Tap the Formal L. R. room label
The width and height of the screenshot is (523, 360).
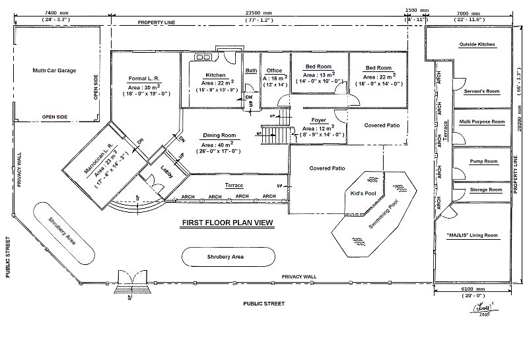click(x=145, y=79)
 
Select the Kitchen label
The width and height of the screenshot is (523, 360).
click(x=216, y=75)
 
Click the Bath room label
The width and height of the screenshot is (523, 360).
click(x=251, y=71)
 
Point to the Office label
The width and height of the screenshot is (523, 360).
click(x=274, y=71)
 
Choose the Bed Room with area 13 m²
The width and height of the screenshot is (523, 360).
click(x=320, y=67)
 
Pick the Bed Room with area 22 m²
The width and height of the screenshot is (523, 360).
click(x=378, y=68)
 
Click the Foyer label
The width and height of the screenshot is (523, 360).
click(x=320, y=120)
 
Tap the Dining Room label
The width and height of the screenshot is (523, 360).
click(x=219, y=135)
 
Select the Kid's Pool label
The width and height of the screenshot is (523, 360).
click(x=363, y=194)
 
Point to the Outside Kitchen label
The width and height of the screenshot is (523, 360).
click(x=477, y=44)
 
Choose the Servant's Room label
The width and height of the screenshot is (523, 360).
click(x=480, y=90)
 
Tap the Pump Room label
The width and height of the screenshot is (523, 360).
click(x=483, y=161)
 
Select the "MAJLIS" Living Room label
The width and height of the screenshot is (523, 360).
click(x=471, y=236)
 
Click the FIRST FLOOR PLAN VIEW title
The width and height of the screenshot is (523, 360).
click(x=227, y=223)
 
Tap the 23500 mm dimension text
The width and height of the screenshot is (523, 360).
click(x=258, y=13)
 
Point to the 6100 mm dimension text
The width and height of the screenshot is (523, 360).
click(x=471, y=289)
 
